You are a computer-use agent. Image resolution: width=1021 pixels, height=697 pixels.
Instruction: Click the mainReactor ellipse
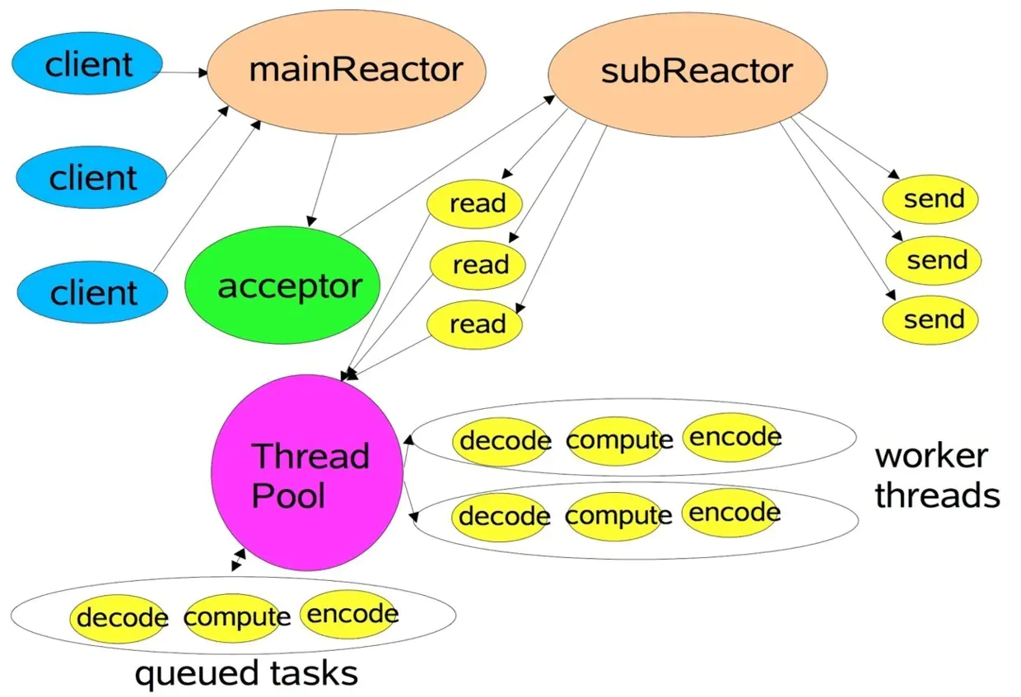tap(347, 72)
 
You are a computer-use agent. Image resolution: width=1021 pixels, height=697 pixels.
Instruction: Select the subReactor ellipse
tap(688, 74)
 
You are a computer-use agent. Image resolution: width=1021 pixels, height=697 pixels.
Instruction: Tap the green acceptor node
tap(282, 286)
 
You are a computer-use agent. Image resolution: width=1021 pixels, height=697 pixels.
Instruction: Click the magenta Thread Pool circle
tap(307, 472)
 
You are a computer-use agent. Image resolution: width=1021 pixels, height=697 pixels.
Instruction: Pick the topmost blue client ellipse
tap(87, 63)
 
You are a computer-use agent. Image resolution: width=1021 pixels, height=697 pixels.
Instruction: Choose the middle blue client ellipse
tap(91, 177)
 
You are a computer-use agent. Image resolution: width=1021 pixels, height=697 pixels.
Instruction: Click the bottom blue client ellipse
tap(92, 292)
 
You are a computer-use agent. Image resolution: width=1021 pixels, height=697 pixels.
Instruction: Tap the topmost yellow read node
tap(474, 203)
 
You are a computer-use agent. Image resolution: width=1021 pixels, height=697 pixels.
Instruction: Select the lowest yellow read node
tap(474, 325)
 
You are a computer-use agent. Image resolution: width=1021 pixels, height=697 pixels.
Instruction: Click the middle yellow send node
tap(934, 261)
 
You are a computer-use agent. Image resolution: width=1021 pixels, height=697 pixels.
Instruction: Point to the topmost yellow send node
tap(930, 199)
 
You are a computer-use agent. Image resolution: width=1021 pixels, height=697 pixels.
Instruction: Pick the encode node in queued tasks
tap(348, 614)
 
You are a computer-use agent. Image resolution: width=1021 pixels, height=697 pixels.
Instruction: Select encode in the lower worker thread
tap(730, 513)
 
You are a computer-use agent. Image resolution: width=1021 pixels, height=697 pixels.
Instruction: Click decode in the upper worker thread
tap(501, 441)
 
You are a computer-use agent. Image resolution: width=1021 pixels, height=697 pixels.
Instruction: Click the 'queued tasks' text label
tap(246, 674)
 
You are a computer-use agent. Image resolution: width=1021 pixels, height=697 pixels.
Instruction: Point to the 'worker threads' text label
tap(937, 475)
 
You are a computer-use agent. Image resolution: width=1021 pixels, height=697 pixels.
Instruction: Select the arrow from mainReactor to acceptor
tap(323, 180)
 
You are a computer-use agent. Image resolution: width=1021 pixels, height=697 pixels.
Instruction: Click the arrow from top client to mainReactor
tap(179, 72)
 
